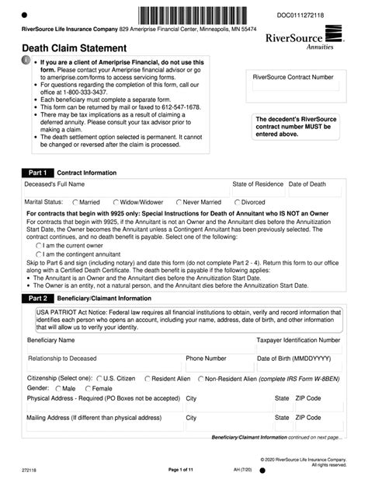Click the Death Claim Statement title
click(x=68, y=48)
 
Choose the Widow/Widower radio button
click(x=116, y=202)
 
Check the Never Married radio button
click(x=179, y=202)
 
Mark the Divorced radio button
click(x=236, y=202)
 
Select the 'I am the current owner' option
click(x=39, y=245)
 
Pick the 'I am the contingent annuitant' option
click(x=39, y=254)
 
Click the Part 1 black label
click(x=38, y=173)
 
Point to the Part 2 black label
click(x=38, y=297)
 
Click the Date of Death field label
click(x=307, y=184)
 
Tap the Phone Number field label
click(x=206, y=359)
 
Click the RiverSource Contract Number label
click(x=293, y=77)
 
